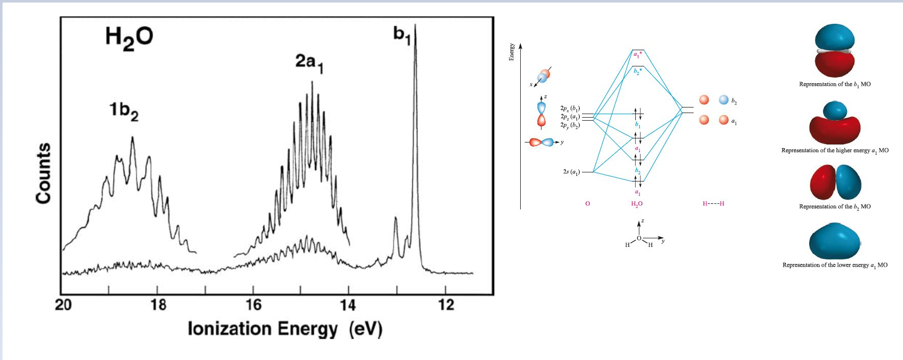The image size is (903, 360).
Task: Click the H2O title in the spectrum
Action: point(129,38)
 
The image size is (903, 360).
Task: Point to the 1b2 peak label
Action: point(124,111)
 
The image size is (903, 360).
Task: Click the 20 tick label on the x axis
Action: point(63,305)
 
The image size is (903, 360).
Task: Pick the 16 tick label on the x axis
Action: point(254,305)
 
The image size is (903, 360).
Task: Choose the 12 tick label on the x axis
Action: point(446,305)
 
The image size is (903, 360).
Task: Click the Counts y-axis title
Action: point(44,173)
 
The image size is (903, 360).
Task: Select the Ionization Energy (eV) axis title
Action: point(285,329)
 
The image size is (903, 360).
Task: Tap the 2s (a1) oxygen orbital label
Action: point(571,172)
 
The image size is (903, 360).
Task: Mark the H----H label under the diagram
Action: point(713,204)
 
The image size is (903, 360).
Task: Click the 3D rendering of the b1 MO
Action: point(835,51)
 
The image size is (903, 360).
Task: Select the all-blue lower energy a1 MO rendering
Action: point(835,241)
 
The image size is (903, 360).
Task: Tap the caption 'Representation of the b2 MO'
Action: point(835,206)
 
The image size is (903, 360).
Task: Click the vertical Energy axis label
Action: point(512,52)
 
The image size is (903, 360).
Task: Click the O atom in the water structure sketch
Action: point(639,238)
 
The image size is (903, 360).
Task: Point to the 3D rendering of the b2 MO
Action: point(835,182)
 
